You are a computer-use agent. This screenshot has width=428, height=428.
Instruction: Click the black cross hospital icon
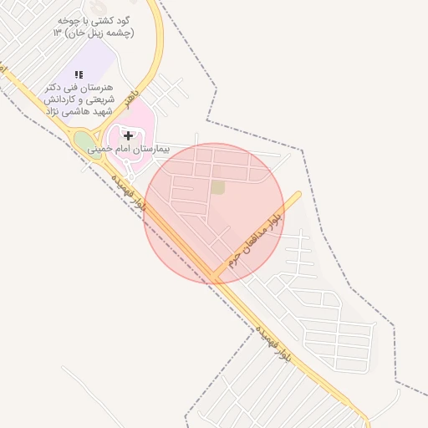[128, 135]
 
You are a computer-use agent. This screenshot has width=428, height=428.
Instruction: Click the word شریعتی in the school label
[99, 99]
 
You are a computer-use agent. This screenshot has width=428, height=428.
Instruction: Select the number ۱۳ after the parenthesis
[58, 32]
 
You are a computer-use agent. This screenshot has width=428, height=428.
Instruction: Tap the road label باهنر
[130, 100]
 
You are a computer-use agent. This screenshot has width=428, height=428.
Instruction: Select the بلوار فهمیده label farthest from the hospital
[273, 342]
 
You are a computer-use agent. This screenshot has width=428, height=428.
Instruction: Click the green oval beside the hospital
[84, 142]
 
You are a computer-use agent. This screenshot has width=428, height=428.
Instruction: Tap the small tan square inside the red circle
[217, 187]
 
